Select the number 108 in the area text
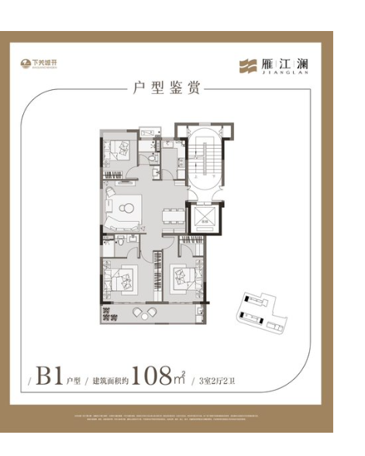click(155, 378)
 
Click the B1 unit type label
click(50, 378)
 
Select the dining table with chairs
click(171, 216)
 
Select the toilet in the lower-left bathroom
click(122, 244)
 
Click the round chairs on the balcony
click(143, 313)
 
